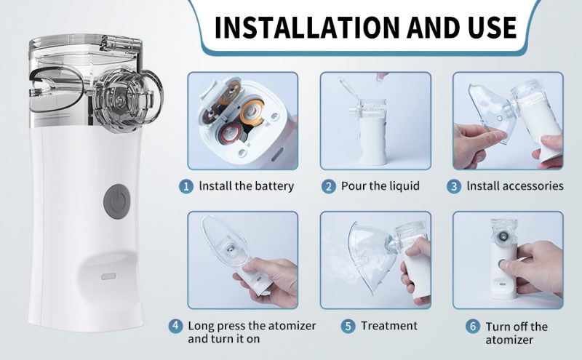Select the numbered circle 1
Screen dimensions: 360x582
pyautogui.click(x=187, y=185)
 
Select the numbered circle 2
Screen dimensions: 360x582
pyautogui.click(x=328, y=185)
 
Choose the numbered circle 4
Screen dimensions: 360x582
pyautogui.click(x=176, y=325)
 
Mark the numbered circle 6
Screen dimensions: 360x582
pyautogui.click(x=473, y=326)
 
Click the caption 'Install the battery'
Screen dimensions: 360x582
pyautogui.click(x=246, y=185)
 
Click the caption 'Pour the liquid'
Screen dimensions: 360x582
pyautogui.click(x=380, y=185)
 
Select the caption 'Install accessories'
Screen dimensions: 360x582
pyautogui.click(x=514, y=185)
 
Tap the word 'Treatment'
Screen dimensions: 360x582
pyautogui.click(x=389, y=325)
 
